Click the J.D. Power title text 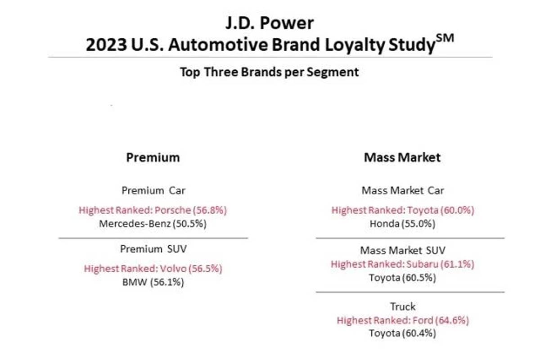click(269, 23)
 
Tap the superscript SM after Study click(445, 38)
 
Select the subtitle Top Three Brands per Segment click(269, 72)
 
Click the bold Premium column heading click(153, 157)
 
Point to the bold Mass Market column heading click(402, 157)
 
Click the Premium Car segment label click(153, 190)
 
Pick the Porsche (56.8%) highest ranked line click(153, 210)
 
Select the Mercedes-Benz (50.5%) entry click(153, 224)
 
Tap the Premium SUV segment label click(153, 249)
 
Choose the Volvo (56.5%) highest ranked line click(153, 269)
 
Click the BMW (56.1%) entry click(153, 282)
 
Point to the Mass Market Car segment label click(403, 190)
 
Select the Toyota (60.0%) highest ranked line click(403, 210)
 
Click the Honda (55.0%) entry click(402, 224)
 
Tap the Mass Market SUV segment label click(403, 250)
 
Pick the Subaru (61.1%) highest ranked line click(403, 264)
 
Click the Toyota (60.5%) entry click(402, 278)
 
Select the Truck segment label click(403, 307)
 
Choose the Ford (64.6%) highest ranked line click(403, 320)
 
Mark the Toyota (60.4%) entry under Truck click(402, 333)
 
